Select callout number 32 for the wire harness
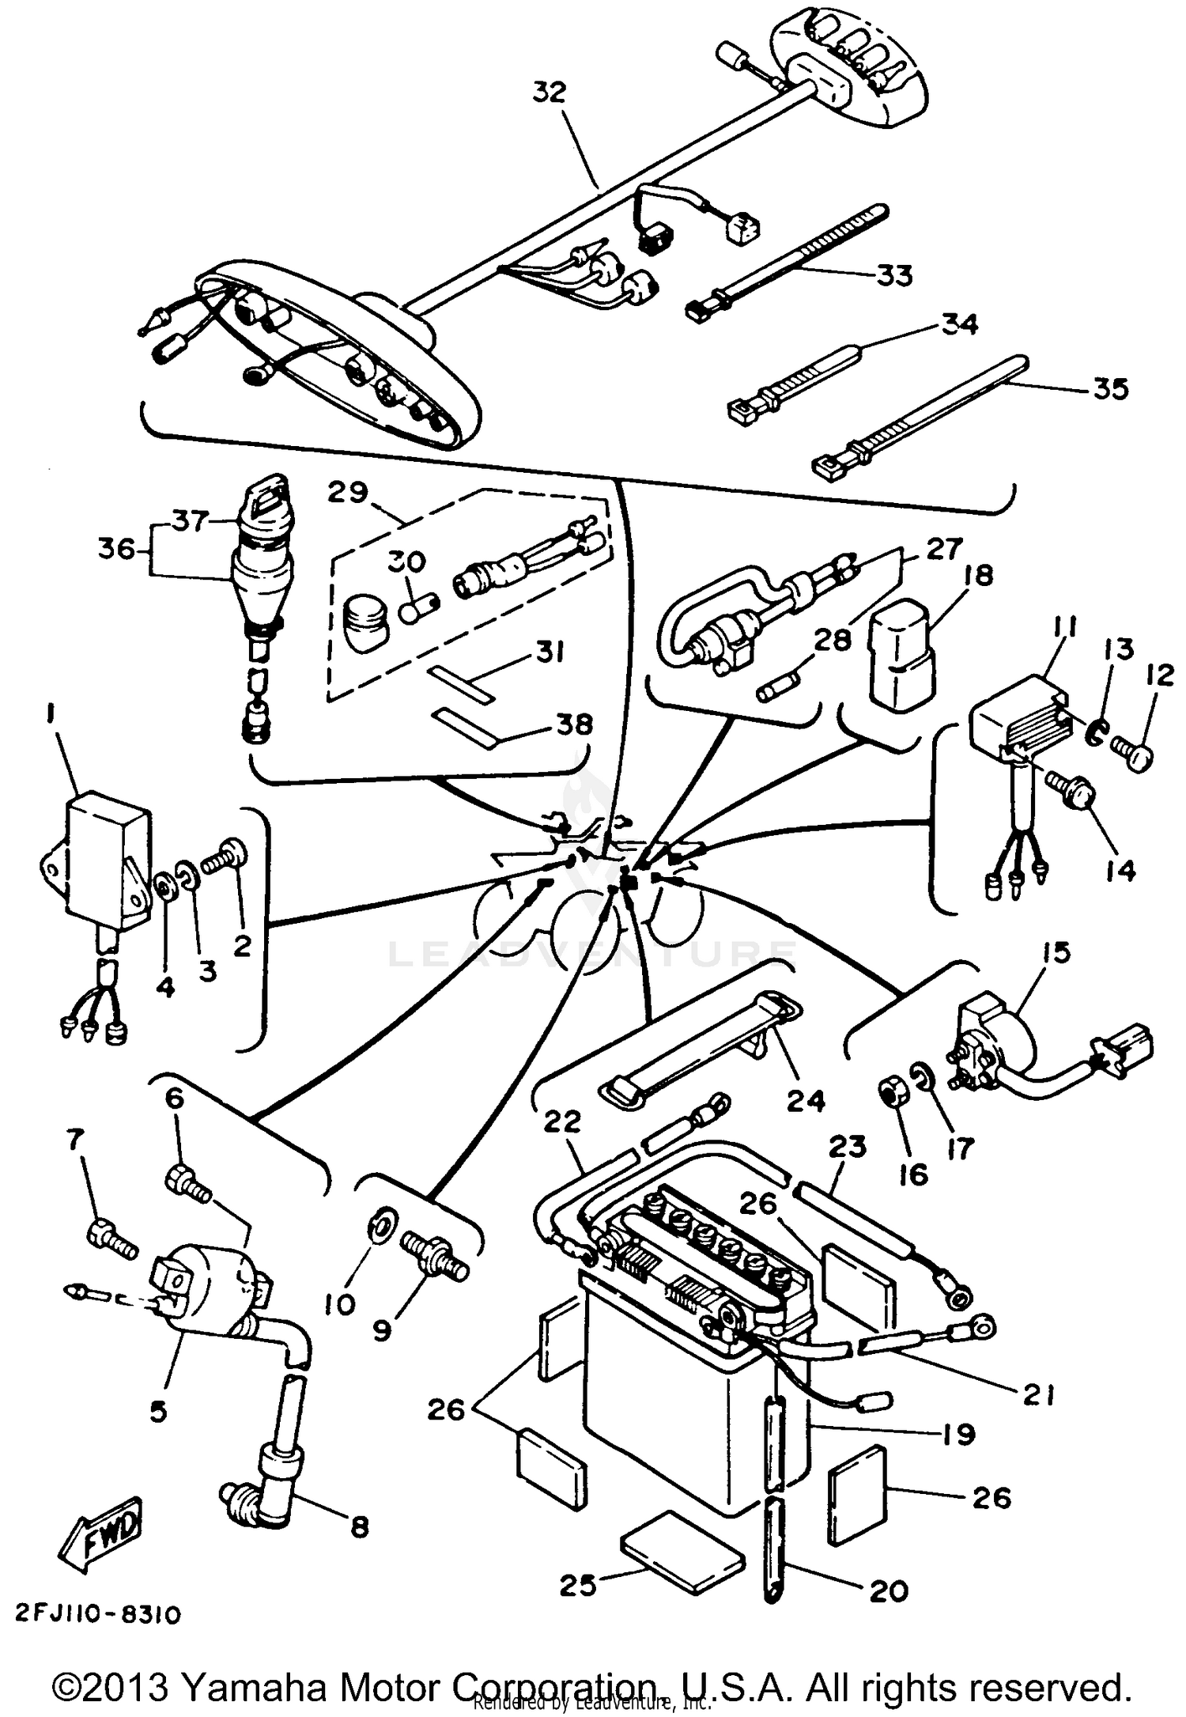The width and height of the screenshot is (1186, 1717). click(550, 93)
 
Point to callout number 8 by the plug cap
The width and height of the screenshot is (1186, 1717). click(359, 1526)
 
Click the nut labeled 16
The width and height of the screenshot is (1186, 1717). click(892, 1096)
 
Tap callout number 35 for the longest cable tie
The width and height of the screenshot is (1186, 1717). click(1110, 388)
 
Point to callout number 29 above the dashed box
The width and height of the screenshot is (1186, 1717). click(348, 492)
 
